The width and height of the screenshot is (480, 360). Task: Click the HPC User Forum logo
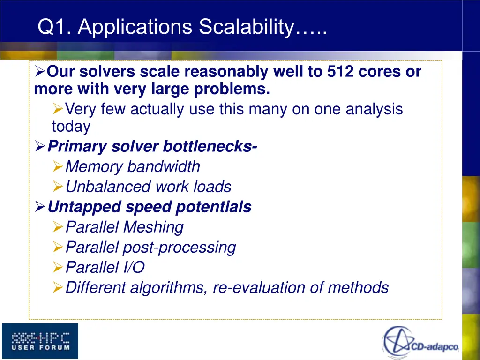tap(40, 341)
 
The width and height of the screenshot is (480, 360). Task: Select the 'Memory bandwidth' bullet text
tap(133, 166)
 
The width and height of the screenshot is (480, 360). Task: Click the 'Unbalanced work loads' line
tap(148, 187)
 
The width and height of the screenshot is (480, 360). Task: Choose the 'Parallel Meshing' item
tap(124, 227)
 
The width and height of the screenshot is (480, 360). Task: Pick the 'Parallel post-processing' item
tap(150, 247)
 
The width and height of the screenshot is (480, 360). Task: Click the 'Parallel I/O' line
tap(105, 267)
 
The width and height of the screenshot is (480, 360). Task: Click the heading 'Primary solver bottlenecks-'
tap(152, 147)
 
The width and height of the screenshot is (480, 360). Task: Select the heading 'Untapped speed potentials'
tap(150, 207)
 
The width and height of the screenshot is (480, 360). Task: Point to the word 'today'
tap(71, 127)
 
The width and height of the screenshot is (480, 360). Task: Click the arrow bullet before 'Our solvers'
tap(40, 72)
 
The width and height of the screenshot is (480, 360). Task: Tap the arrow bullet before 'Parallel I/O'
tap(58, 268)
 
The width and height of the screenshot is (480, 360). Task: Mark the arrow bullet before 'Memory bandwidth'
tap(58, 167)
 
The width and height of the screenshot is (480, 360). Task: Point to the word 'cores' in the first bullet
tap(380, 72)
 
